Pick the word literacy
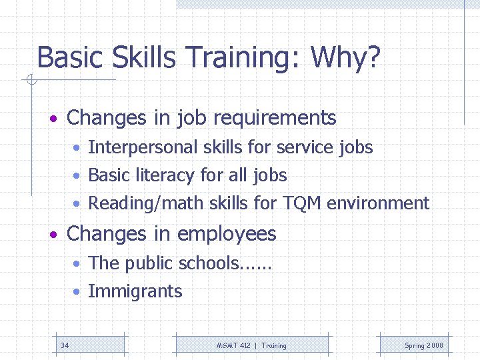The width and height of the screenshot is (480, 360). [x=165, y=176]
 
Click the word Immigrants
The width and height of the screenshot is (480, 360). [x=135, y=292]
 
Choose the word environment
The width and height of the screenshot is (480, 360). [x=378, y=203]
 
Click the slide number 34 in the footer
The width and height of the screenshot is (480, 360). [x=65, y=345]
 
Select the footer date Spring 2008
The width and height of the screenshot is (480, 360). [x=423, y=345]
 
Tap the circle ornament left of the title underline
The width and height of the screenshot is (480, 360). [x=30, y=81]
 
